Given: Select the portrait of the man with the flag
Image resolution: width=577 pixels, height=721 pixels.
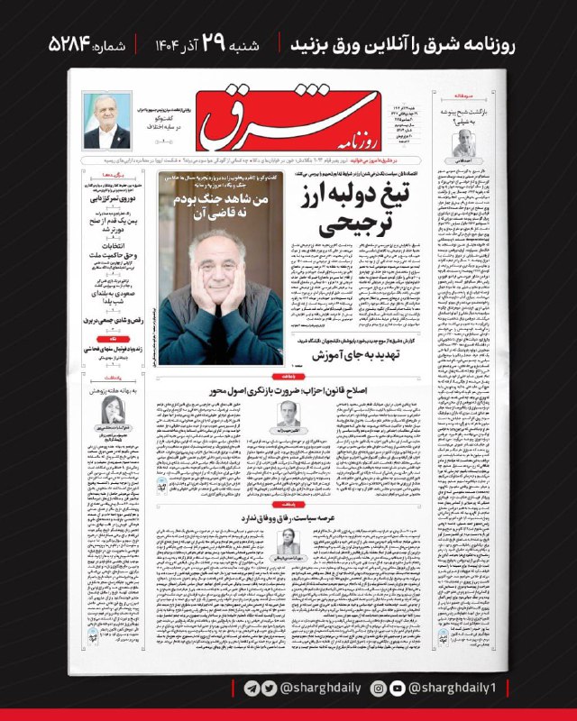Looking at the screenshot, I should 107,120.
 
